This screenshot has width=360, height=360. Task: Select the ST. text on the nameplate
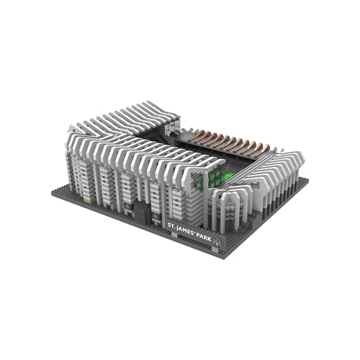click(x=172, y=226)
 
